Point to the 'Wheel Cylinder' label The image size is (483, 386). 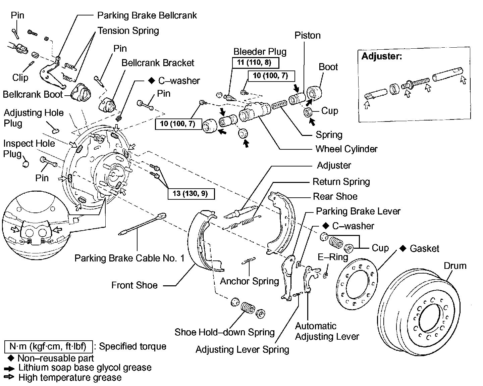[346, 149]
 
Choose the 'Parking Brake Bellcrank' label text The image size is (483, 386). [147, 15]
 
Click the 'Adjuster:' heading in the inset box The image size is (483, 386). [382, 56]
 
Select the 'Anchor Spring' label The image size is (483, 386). [249, 281]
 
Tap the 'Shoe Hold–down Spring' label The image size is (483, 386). [224, 332]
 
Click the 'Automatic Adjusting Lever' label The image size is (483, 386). [327, 331]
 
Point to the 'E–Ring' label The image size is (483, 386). [333, 257]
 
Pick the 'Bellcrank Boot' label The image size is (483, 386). [33, 94]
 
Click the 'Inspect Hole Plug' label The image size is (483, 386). [29, 148]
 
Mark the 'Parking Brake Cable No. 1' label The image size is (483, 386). [129, 258]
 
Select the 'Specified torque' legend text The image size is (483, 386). [132, 346]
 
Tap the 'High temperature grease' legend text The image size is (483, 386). [70, 377]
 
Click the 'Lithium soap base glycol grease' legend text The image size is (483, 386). [85, 368]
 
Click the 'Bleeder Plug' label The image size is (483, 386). [260, 52]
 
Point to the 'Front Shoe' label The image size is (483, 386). [134, 285]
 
